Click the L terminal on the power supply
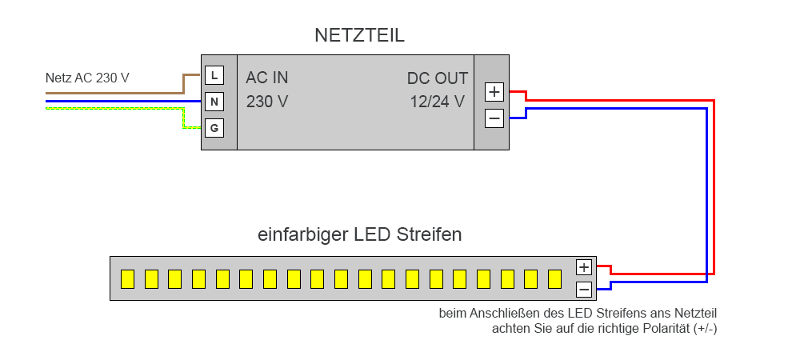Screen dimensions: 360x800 214,75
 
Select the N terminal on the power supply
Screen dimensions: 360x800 214,102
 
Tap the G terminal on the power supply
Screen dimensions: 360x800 214,127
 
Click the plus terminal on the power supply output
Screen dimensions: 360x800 494,91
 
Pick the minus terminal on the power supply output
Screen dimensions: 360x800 494,118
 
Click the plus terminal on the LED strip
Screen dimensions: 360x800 584,267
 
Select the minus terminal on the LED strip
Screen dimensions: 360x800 584,289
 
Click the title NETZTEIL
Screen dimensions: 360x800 359,36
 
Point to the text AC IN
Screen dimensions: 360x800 267,78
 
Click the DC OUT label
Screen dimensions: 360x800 437,78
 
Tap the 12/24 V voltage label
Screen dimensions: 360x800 437,102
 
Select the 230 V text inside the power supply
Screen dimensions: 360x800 267,102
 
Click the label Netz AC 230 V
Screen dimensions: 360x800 87,78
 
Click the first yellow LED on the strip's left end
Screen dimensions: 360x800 126,278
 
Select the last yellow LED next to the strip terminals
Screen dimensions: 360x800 555,278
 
